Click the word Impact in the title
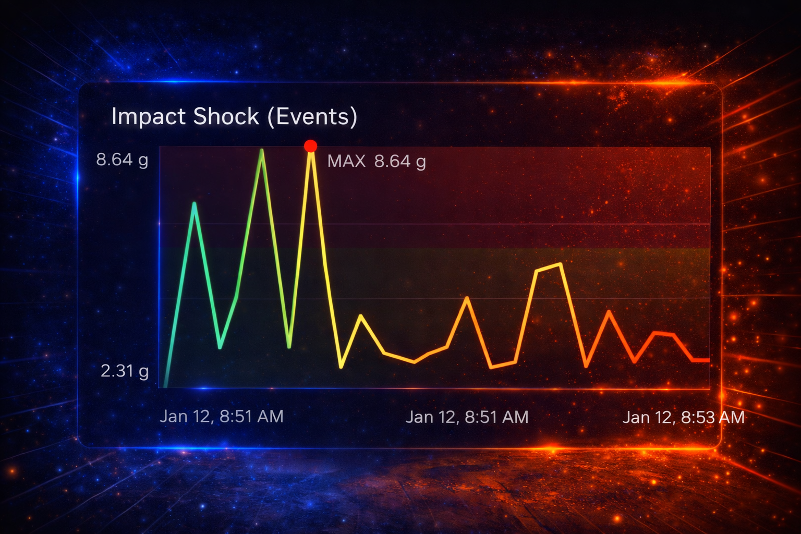[148, 117]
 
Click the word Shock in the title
[226, 117]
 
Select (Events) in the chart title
[312, 117]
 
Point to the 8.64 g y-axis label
[122, 160]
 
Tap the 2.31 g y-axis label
[125, 371]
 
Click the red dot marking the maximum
[310, 146]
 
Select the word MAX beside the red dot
[346, 161]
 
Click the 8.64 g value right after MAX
[399, 161]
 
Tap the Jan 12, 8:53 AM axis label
[683, 417]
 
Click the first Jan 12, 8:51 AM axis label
[222, 416]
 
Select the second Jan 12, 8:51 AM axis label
[467, 417]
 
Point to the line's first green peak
[195, 203]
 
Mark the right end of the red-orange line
[708, 360]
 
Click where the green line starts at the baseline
[166, 386]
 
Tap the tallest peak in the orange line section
[560, 264]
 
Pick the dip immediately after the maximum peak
[341, 367]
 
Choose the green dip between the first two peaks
[220, 347]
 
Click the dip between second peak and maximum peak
[289, 346]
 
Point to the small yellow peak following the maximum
[360, 316]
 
